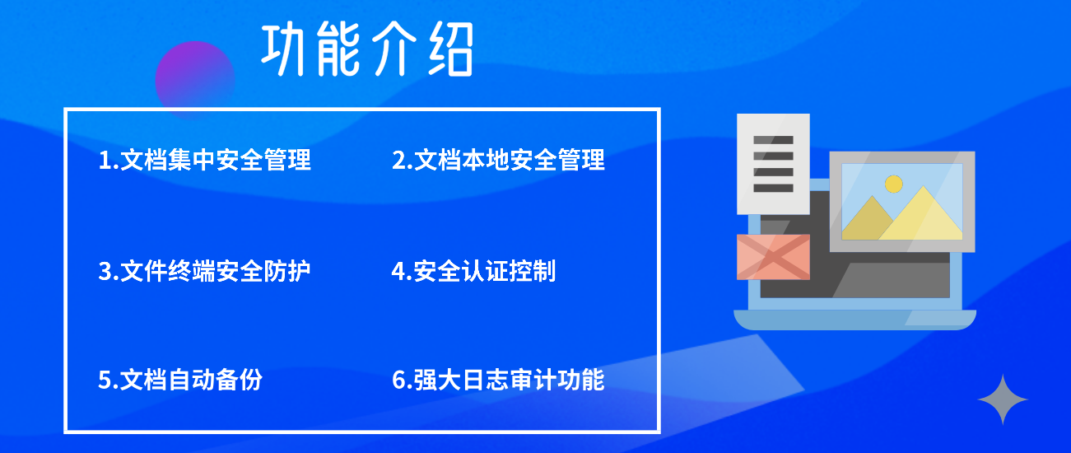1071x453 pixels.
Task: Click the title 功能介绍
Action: tap(367, 49)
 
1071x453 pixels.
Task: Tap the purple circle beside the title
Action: tap(194, 80)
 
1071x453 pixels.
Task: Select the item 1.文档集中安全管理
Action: tap(205, 160)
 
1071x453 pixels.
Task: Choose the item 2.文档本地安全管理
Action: tap(498, 160)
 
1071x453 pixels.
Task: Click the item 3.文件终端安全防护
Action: tap(205, 271)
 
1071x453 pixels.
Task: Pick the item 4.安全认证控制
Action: tap(474, 271)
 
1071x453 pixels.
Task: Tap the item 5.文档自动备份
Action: tap(180, 380)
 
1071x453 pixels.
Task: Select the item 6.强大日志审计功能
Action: tap(498, 380)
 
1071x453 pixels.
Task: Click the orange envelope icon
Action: tap(773, 257)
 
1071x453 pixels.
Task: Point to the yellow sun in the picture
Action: tap(894, 184)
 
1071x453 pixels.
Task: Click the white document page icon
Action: tap(773, 164)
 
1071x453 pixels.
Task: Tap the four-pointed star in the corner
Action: tap(1003, 399)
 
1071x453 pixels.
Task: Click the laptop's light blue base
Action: tap(854, 320)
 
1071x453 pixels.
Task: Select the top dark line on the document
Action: tap(773, 140)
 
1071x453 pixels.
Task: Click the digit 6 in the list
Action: tap(398, 381)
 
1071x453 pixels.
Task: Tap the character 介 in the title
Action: tap(389, 49)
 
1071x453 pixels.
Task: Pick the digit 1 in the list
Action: tap(105, 161)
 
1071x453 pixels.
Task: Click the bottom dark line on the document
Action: tap(773, 188)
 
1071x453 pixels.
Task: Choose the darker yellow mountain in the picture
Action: tap(868, 221)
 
